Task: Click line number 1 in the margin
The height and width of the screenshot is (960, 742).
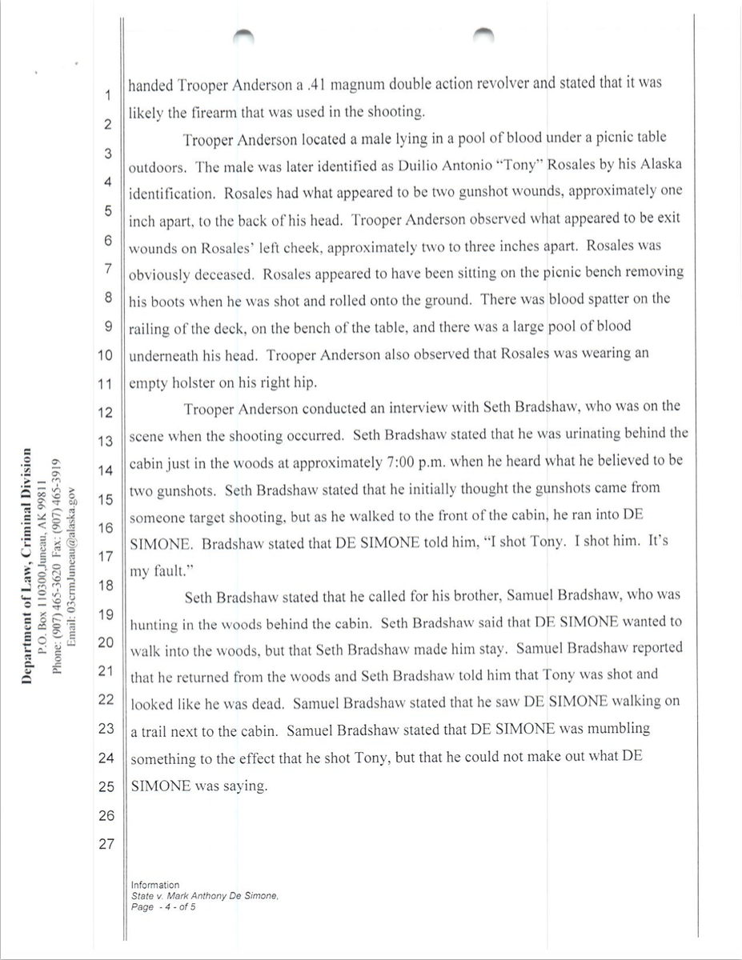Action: tap(106, 96)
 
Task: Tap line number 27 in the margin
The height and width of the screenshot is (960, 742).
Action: tap(106, 844)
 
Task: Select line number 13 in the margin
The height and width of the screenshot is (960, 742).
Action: tap(106, 441)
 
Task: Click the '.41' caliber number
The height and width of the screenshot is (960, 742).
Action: tap(295, 83)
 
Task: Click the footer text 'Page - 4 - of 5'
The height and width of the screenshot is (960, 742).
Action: tap(164, 907)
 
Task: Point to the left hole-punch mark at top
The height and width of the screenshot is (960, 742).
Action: tap(243, 34)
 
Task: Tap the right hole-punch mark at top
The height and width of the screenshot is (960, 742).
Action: tap(483, 34)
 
